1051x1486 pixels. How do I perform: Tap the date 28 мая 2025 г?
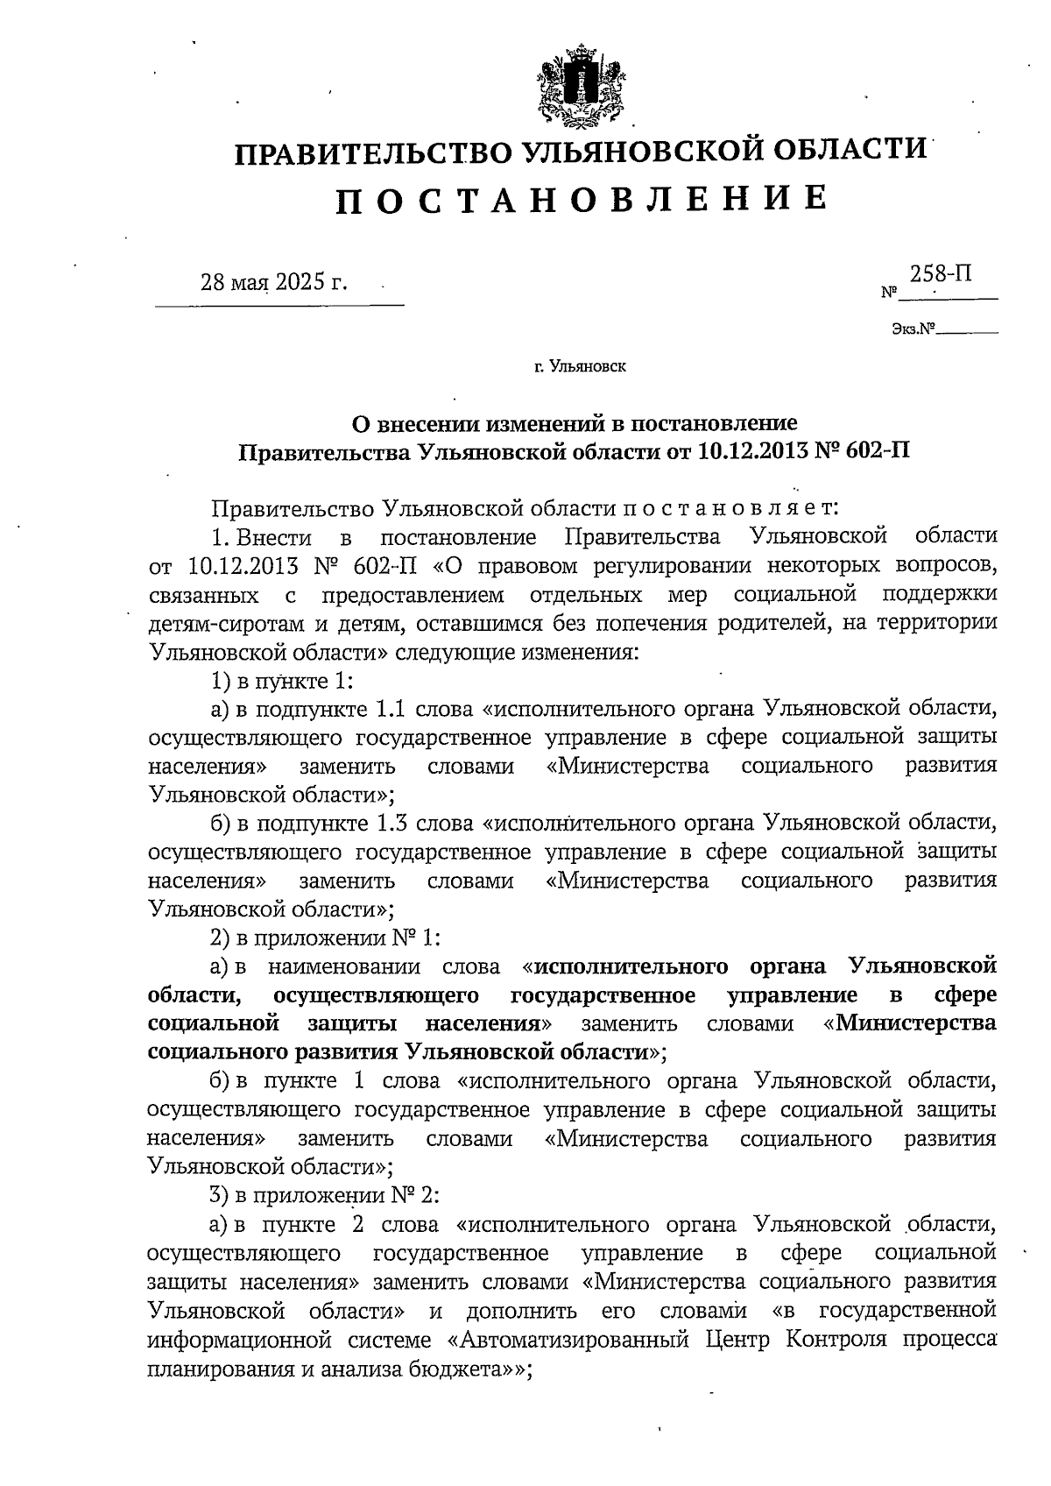[274, 283]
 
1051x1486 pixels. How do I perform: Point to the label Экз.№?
[912, 331]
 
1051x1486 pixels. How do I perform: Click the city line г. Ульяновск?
[580, 367]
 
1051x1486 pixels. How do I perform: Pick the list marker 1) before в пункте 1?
[219, 680]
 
